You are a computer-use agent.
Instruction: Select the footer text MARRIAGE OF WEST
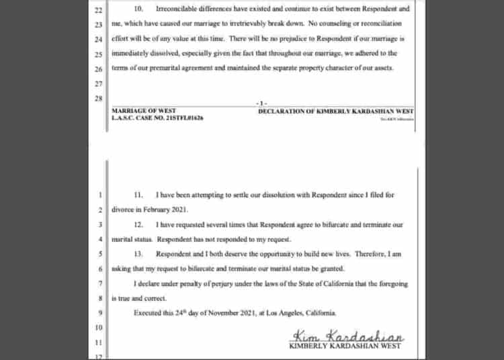pos(140,110)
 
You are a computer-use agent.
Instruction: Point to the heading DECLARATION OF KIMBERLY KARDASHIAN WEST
pos(336,110)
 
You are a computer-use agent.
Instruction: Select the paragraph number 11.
pos(138,195)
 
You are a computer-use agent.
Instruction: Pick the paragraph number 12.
pos(138,224)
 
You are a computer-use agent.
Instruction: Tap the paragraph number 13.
pos(138,254)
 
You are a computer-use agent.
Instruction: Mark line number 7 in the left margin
pos(99,284)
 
